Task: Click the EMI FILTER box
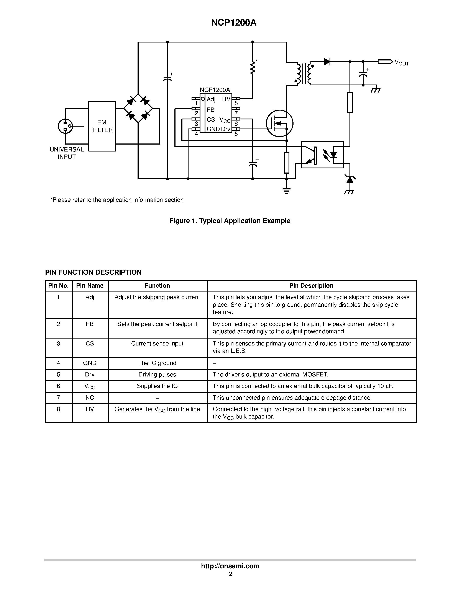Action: [x=102, y=126]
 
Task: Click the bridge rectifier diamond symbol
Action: [x=138, y=108]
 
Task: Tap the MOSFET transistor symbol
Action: [x=279, y=124]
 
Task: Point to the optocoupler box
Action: [x=322, y=155]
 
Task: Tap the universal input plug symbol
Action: [x=66, y=126]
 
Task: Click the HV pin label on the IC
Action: [x=226, y=99]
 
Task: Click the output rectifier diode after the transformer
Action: [x=327, y=62]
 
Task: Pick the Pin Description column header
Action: [x=311, y=286]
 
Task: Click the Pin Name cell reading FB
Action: [x=90, y=324]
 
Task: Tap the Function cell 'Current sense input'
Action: [x=157, y=344]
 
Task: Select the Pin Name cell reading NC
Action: [x=90, y=398]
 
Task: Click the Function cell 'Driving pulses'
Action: [x=157, y=375]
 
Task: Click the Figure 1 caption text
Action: [x=230, y=221]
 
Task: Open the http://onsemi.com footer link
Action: [x=230, y=566]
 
